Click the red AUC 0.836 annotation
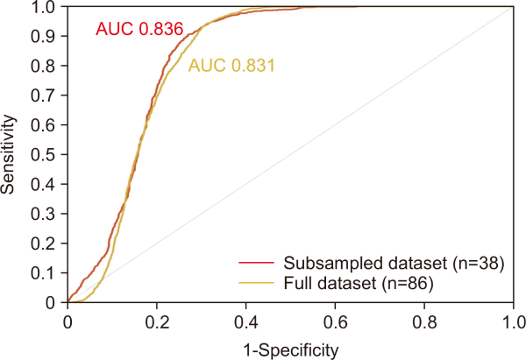click(139, 30)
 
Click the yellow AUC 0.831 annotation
click(231, 65)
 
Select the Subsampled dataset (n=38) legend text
click(392, 265)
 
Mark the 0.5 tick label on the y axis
click(48, 154)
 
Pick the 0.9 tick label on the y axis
click(48, 36)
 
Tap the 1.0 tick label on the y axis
click(48, 7)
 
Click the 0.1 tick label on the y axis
click(48, 272)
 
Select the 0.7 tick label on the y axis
click(48, 95)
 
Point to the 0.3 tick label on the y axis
click(48, 214)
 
